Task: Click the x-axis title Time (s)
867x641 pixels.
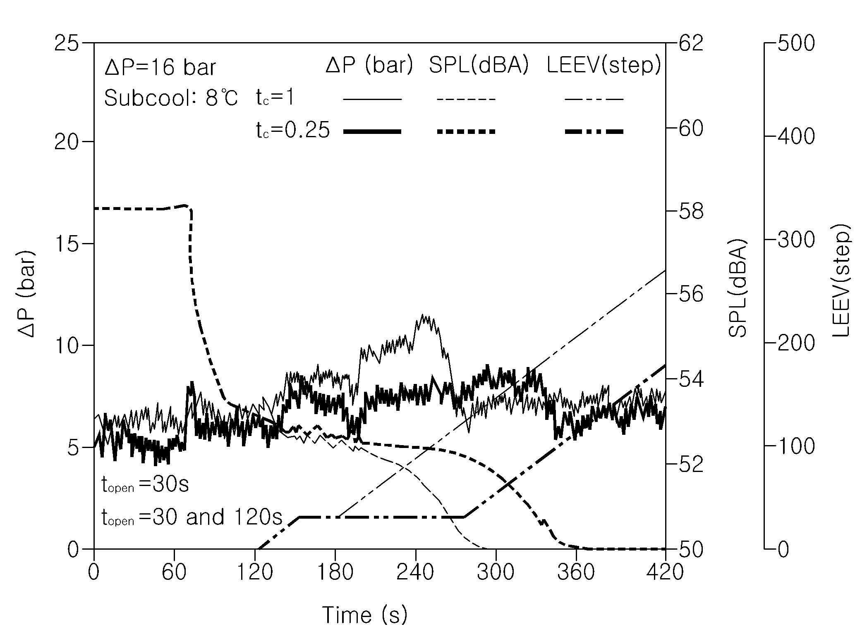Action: click(365, 615)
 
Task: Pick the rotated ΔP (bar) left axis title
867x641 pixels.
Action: click(26, 293)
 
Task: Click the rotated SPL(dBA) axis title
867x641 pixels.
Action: click(738, 288)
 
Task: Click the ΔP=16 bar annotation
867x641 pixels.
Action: click(160, 67)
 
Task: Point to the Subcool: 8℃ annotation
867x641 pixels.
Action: click(171, 98)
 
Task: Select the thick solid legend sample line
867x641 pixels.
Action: click(372, 131)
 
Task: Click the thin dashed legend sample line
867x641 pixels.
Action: click(466, 99)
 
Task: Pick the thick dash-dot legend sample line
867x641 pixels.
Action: click(594, 131)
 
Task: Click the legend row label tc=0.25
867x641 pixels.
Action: click(293, 130)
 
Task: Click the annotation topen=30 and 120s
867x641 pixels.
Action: click(192, 517)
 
